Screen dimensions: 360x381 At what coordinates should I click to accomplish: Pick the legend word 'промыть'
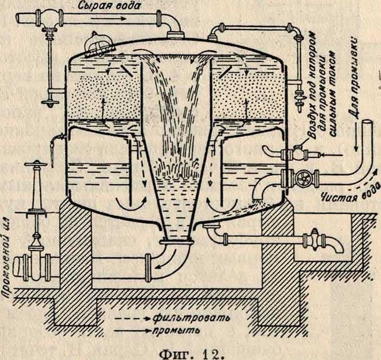(x=174, y=329)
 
